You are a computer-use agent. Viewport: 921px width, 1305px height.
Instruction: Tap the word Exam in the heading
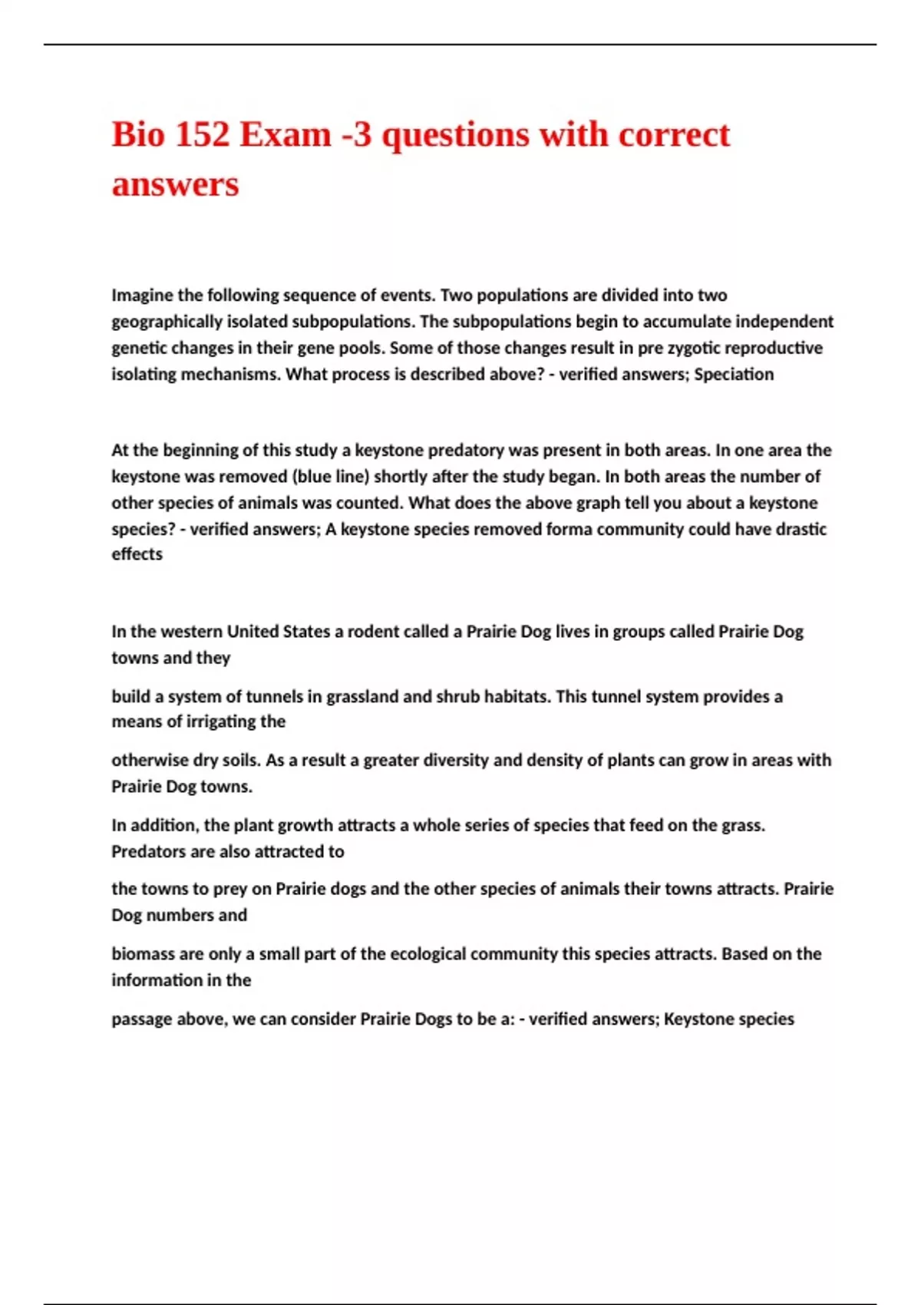point(286,135)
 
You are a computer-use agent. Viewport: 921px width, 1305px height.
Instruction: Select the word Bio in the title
point(138,135)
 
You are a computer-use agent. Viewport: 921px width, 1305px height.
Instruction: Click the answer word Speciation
point(734,375)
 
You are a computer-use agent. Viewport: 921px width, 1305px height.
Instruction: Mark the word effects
point(137,554)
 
